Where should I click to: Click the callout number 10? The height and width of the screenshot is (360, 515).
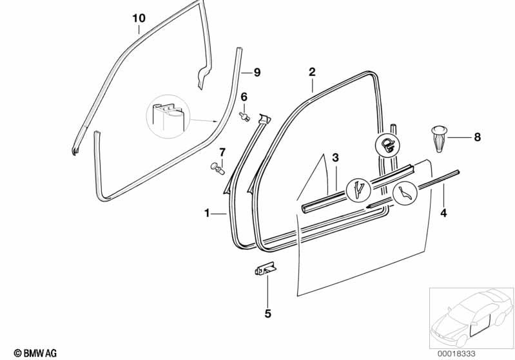point(139,19)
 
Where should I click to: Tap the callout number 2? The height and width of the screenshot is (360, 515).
point(311,71)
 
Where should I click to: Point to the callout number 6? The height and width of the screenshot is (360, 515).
point(244,97)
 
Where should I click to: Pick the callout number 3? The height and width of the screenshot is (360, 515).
point(335,158)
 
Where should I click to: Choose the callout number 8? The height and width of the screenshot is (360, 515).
point(477,137)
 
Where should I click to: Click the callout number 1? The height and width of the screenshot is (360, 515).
point(208,213)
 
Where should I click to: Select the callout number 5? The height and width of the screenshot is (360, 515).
point(267,314)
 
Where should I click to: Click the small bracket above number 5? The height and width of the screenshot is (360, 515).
point(264,269)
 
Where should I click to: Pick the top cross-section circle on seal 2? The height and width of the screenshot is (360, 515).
point(387,145)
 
